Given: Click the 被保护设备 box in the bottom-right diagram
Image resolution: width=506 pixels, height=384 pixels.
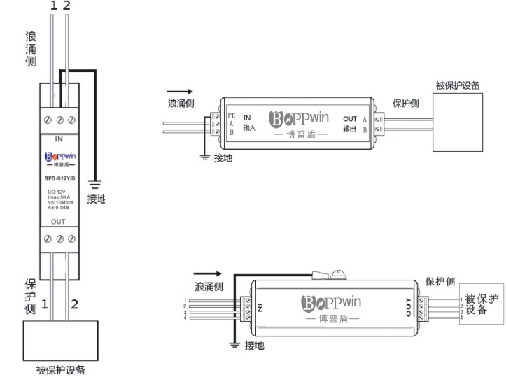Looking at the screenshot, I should [x=482, y=304].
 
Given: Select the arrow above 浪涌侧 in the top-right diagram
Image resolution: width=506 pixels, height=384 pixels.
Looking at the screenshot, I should [x=180, y=91].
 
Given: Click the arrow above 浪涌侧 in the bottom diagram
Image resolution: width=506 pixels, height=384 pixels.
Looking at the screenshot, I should [x=206, y=274].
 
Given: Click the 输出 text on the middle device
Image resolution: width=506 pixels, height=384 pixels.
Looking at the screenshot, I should [x=350, y=128].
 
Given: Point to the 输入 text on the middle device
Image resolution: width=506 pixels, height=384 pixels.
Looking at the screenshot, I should [x=249, y=128].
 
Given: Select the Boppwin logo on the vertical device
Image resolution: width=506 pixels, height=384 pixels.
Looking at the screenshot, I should [x=59, y=157].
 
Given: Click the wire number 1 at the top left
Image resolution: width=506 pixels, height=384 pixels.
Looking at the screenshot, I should [x=52, y=5].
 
